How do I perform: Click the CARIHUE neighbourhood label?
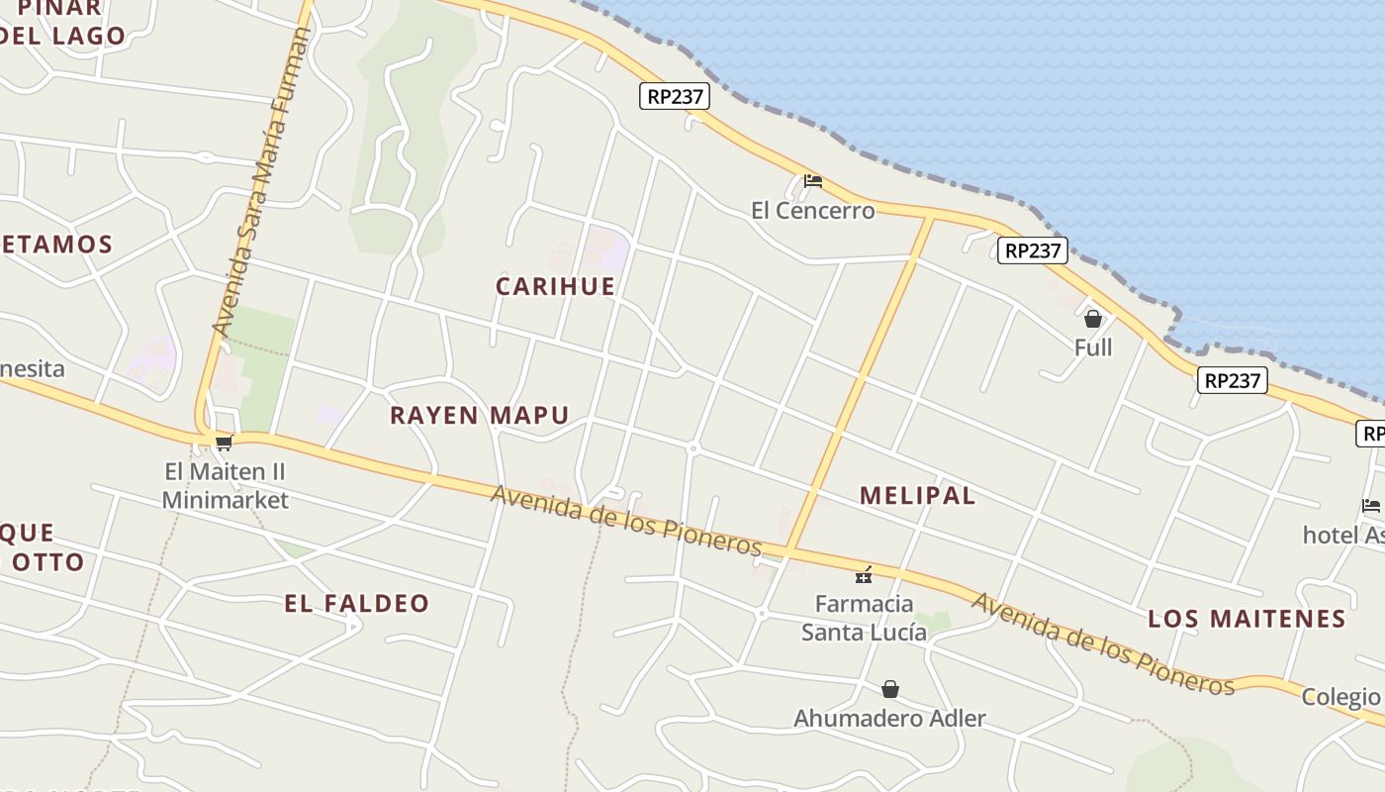555,286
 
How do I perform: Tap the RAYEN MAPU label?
479,415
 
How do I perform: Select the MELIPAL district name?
917,496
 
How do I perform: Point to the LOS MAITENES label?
1246,619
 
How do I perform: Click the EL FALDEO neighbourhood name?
356,603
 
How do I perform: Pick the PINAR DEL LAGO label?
61,22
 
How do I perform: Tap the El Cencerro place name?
812,210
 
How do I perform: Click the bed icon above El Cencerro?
813,180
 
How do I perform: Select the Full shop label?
1093,347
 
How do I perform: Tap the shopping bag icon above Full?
1093,319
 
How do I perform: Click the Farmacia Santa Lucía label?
864,617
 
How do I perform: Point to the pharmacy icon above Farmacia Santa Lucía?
864,574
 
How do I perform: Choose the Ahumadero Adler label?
889,718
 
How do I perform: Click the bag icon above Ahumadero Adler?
890,689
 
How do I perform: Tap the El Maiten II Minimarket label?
225,485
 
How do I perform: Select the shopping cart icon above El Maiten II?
225,444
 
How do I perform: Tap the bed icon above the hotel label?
1371,505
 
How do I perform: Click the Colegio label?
1340,696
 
